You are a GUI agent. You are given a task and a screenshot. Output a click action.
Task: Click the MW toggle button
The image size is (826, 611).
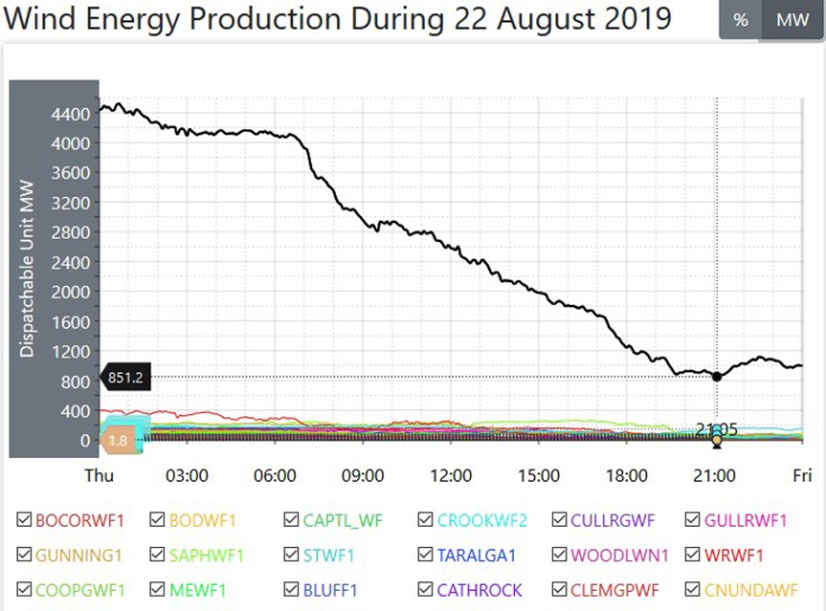tap(793, 20)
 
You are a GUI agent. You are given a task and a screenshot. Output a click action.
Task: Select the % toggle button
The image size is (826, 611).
tap(740, 20)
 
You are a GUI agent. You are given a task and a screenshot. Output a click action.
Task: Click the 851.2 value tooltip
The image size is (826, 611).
tap(124, 377)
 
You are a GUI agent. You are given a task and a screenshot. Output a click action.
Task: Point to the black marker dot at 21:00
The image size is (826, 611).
tap(717, 376)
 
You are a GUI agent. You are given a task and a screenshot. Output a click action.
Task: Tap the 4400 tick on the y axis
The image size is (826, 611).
tap(72, 115)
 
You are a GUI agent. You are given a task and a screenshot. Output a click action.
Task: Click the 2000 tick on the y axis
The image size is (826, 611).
tap(72, 293)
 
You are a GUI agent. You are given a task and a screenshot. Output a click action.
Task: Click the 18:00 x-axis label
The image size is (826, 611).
tap(627, 475)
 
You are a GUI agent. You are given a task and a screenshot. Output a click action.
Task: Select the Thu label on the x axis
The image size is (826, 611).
tap(100, 475)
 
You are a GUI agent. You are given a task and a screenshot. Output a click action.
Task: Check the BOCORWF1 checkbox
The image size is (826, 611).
tap(25, 520)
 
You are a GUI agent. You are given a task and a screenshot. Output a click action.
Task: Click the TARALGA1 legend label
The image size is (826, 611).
tap(477, 555)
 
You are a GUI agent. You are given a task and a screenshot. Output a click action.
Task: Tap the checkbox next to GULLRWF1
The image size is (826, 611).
tap(694, 520)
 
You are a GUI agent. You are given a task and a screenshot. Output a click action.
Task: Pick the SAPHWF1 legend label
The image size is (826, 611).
tap(206, 555)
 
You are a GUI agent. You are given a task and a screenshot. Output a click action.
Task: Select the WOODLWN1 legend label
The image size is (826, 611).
tap(619, 555)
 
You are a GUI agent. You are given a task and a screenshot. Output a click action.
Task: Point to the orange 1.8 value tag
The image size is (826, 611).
tap(118, 440)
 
